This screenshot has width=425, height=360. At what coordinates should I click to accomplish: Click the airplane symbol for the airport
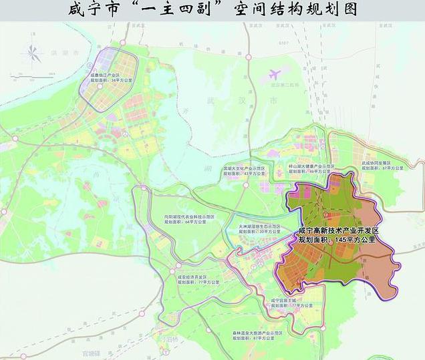(x=275, y=75)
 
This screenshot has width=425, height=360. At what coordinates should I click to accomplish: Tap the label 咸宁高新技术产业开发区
(x=338, y=230)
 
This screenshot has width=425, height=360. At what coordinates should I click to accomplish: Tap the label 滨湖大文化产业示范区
(x=245, y=168)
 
